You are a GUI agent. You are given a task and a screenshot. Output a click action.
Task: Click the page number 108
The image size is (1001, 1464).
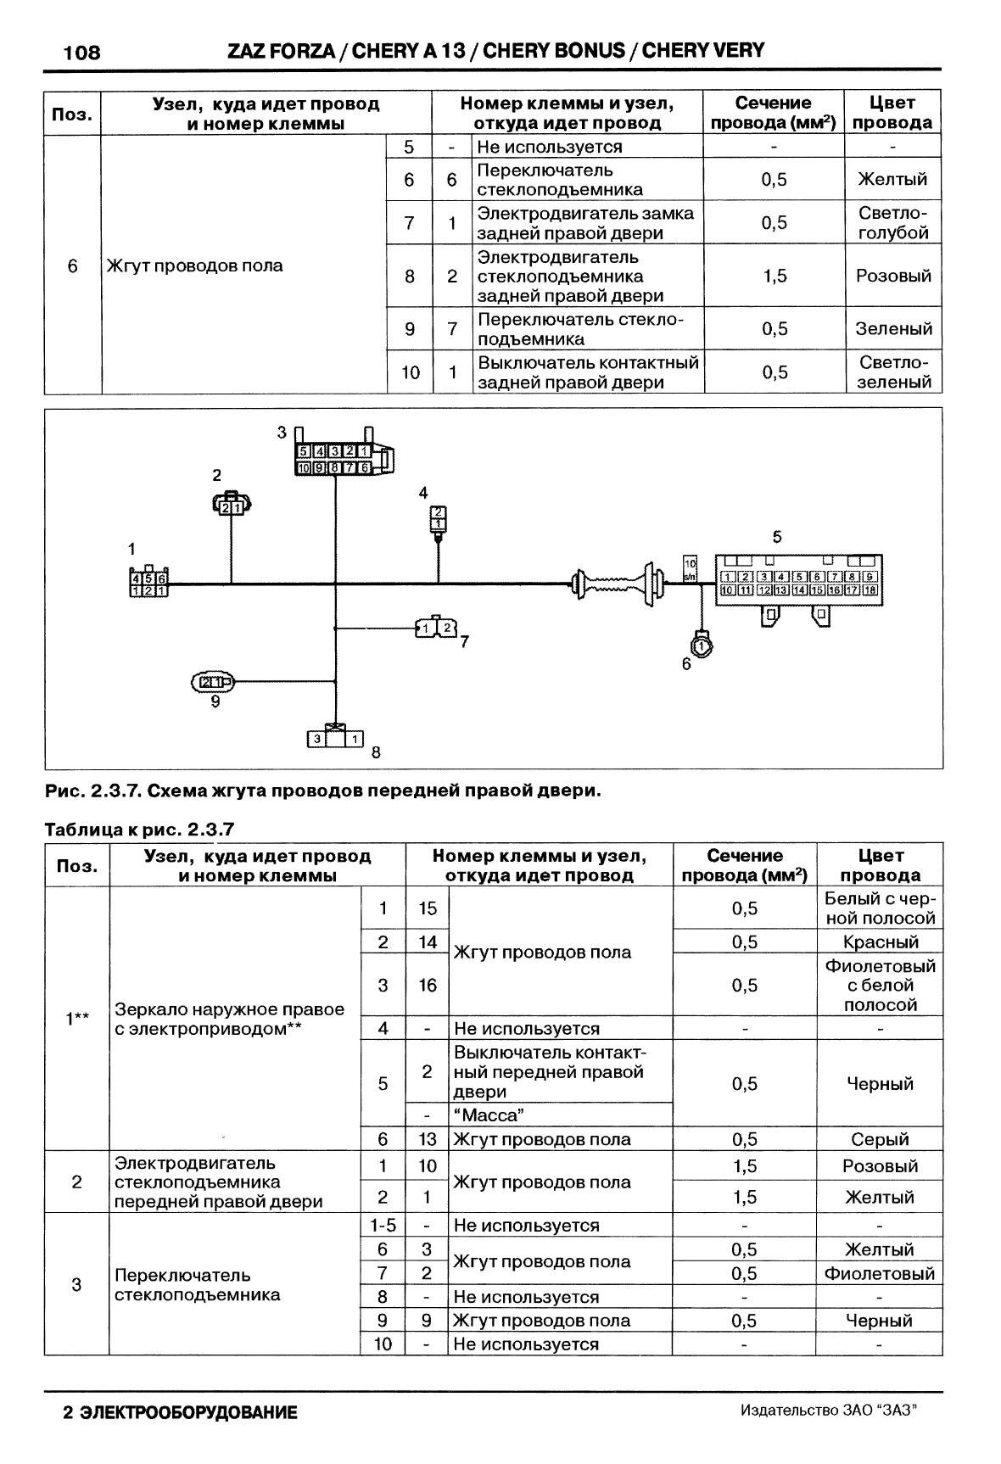tap(81, 53)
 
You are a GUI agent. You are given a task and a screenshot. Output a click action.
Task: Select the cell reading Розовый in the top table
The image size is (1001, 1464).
tap(893, 276)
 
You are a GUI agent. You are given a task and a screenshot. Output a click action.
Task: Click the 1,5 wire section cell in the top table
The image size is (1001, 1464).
tap(774, 276)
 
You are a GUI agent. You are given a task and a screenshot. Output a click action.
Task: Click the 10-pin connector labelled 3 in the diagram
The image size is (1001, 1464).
tap(338, 459)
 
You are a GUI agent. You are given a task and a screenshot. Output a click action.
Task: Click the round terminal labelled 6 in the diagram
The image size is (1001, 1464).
tap(702, 646)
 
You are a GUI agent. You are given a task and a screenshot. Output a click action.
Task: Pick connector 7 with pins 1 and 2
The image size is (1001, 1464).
tap(437, 628)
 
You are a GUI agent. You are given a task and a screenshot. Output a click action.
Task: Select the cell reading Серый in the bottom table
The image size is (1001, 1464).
tap(880, 1139)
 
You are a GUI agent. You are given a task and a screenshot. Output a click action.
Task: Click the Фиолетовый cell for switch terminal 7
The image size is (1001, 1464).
tap(880, 1273)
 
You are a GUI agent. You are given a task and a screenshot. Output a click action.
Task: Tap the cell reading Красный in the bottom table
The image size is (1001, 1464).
tap(880, 942)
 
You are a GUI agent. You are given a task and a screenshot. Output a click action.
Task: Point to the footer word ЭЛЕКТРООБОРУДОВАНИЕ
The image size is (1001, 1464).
tap(188, 1413)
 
